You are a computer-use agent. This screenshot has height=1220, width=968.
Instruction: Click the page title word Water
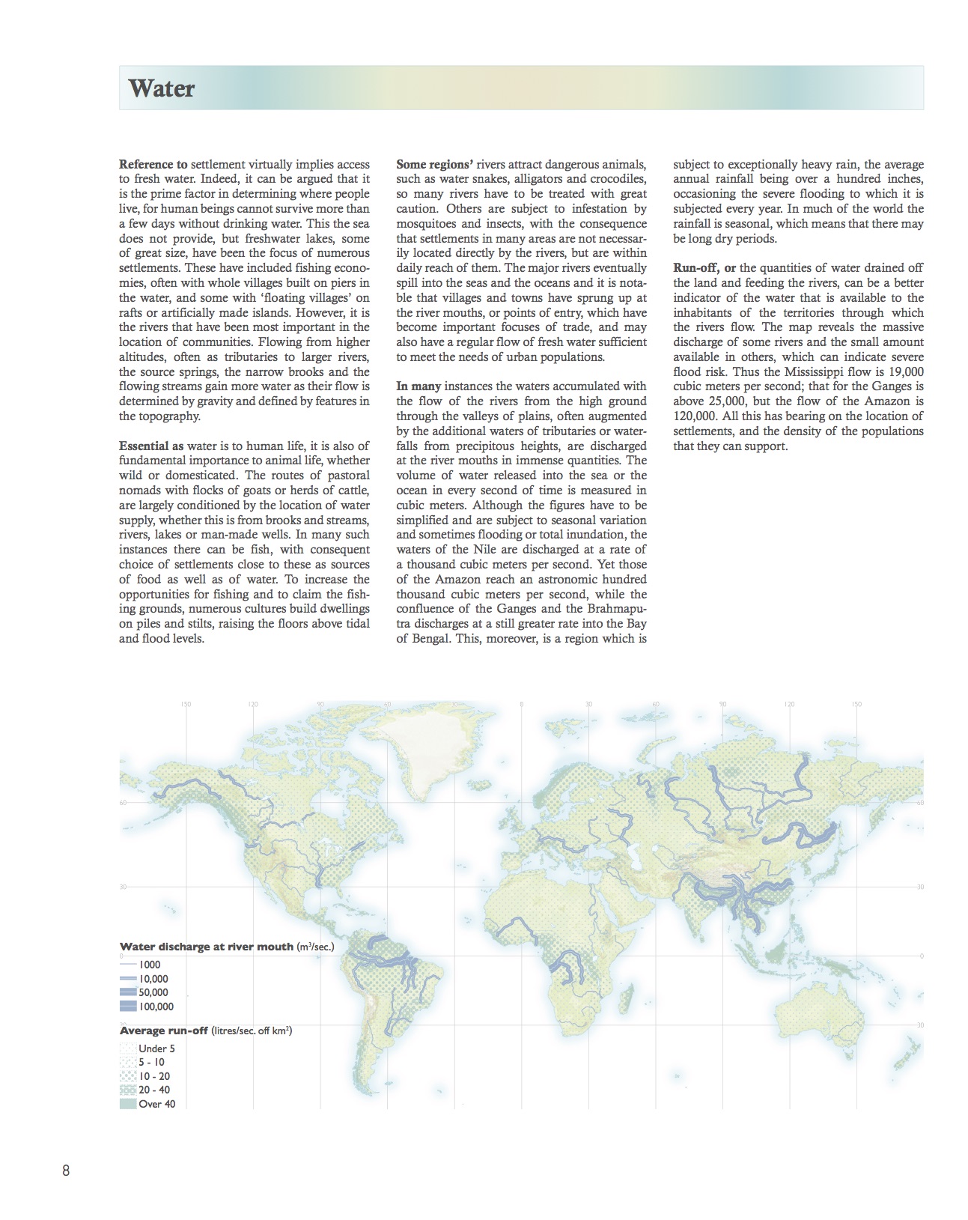tap(161, 88)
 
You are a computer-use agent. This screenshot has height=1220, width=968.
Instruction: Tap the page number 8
tap(66, 1171)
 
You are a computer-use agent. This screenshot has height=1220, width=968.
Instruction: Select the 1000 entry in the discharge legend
tap(150, 965)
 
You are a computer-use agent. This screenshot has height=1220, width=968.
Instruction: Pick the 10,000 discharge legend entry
tap(153, 979)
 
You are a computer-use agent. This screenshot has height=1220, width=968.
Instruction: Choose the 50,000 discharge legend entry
tap(153, 992)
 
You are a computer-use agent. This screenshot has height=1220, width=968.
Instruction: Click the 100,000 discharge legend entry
tap(156, 1007)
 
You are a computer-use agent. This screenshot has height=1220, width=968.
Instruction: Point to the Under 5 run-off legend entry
tap(156, 1048)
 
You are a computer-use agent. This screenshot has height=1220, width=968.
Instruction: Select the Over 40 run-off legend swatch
tap(128, 1104)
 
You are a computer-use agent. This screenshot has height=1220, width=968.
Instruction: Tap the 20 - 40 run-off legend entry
tap(154, 1090)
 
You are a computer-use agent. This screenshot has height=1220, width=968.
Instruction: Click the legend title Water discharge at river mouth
tap(207, 947)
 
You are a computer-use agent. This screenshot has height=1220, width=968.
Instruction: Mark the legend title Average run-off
tap(164, 1031)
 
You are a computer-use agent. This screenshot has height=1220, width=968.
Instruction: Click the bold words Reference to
tap(153, 165)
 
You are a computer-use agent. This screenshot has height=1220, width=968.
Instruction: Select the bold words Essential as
tap(151, 446)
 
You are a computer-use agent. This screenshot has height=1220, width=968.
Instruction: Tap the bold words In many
tap(418, 386)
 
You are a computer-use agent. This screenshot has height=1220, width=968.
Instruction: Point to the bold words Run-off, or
tap(704, 268)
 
